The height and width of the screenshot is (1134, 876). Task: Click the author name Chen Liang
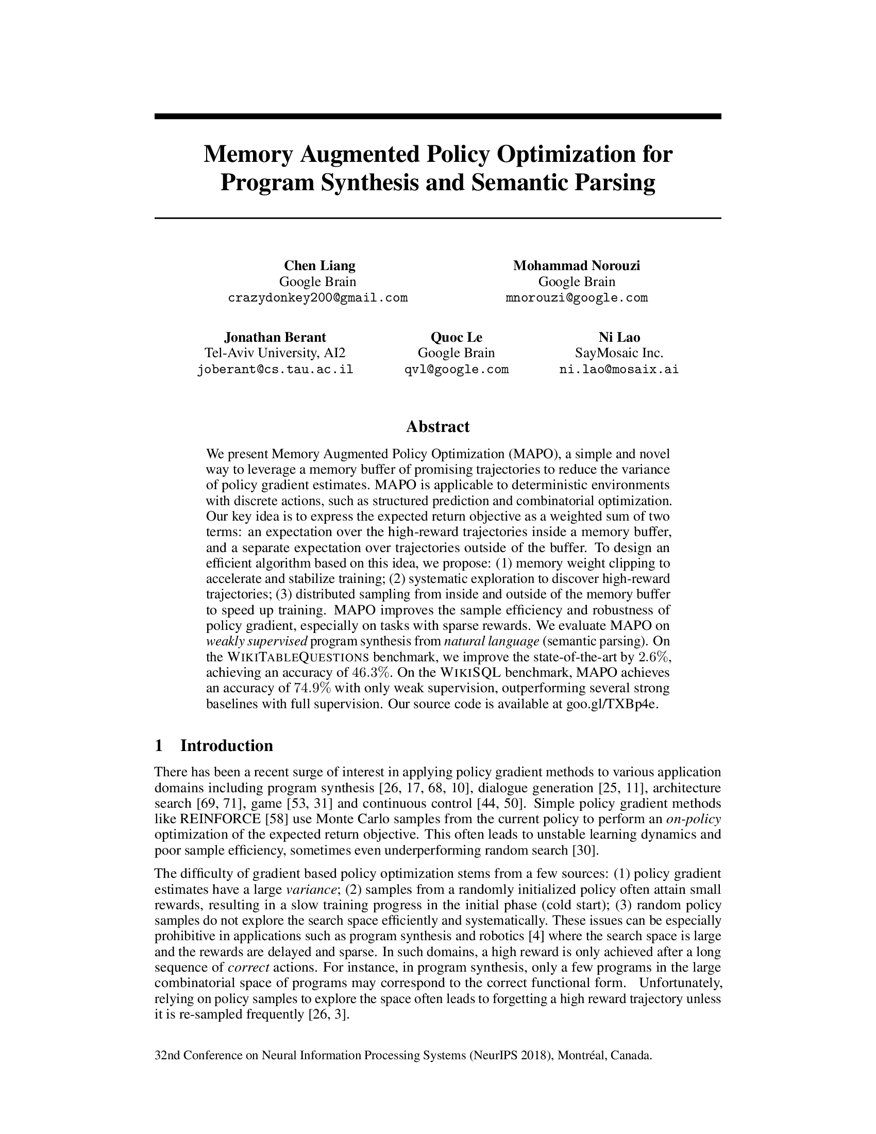[319, 266]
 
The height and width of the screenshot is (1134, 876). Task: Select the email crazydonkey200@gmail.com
[317, 298]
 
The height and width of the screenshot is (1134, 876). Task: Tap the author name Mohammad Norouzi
[577, 266]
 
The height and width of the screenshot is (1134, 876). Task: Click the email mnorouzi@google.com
[577, 298]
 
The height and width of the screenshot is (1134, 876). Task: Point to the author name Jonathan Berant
[275, 337]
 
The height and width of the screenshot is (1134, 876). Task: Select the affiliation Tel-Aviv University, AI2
[275, 353]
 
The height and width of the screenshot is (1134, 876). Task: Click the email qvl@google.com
[456, 370]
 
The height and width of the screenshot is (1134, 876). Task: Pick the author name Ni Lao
[619, 337]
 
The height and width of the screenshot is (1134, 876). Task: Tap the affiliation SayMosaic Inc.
[619, 353]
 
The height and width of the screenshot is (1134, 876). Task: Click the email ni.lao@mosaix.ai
[618, 370]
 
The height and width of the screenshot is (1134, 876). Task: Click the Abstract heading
[437, 426]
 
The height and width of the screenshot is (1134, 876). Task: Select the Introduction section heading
[226, 746]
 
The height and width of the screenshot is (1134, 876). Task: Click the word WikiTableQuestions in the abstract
[298, 657]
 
